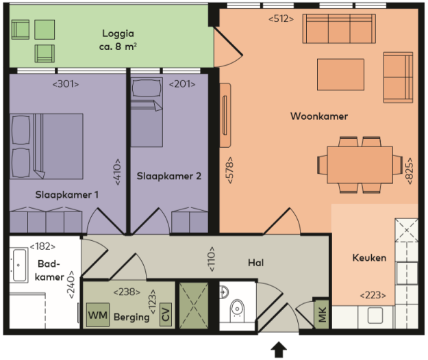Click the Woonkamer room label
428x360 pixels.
click(x=318, y=116)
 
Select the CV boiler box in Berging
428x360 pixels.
click(x=164, y=316)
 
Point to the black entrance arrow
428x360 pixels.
click(x=278, y=350)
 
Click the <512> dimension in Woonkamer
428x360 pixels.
click(x=281, y=18)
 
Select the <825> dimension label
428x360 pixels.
click(x=410, y=168)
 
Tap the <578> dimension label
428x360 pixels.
click(x=230, y=169)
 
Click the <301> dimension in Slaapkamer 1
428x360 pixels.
click(x=66, y=84)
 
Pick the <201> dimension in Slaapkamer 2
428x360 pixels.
click(x=182, y=84)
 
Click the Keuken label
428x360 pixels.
click(x=369, y=258)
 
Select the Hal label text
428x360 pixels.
click(x=256, y=262)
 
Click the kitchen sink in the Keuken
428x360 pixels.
click(x=375, y=315)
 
